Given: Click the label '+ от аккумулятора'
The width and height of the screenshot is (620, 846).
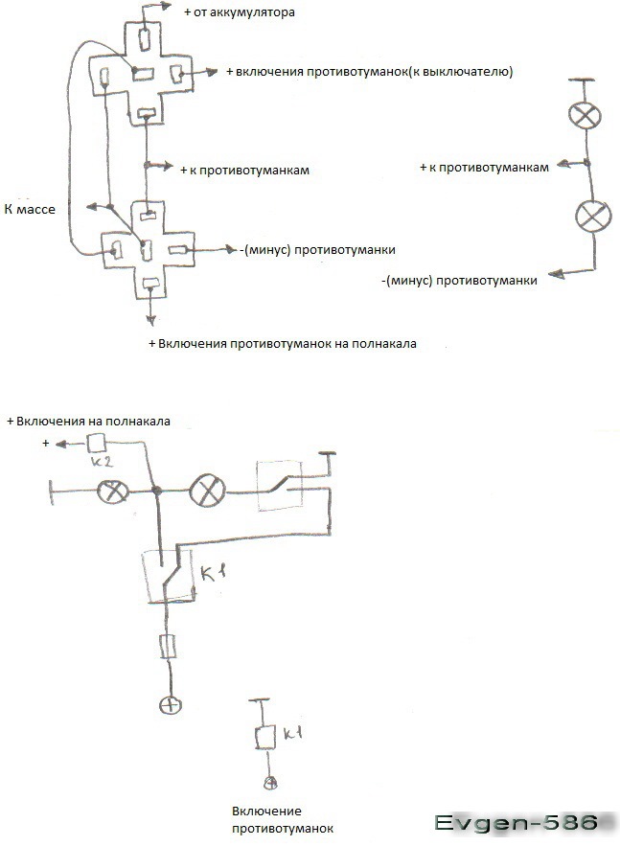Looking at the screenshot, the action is tap(240, 11).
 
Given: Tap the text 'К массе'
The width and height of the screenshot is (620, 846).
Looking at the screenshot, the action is tap(30, 209).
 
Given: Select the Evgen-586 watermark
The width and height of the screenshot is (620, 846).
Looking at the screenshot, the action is tap(517, 822).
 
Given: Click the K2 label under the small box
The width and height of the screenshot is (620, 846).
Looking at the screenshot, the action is tap(102, 461).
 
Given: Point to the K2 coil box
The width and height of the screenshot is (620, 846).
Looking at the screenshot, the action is tap(96, 443).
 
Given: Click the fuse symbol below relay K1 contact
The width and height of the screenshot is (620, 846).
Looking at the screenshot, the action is tap(169, 647).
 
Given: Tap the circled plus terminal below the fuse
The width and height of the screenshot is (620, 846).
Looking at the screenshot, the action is tap(171, 704).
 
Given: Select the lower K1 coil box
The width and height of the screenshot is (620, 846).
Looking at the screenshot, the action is tap(265, 737).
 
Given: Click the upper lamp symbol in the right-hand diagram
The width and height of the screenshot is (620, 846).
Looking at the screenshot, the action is tap(585, 115).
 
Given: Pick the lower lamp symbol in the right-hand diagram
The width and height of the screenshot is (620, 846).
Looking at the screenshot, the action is tap(593, 216).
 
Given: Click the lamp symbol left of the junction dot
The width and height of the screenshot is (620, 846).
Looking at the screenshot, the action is tap(113, 492).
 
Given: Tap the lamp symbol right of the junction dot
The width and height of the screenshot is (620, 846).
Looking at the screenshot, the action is tap(208, 491).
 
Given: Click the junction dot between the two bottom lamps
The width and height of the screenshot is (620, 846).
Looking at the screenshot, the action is tap(157, 491).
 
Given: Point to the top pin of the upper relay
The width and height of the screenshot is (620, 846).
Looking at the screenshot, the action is tap(145, 39).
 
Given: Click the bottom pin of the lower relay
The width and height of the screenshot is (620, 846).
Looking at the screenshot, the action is tap(150, 283).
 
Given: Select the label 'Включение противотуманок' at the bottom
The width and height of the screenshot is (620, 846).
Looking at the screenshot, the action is tap(283, 819).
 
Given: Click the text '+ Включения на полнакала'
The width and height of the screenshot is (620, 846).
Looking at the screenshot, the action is tap(88, 421).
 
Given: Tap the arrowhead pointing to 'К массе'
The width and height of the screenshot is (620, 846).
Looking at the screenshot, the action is tap(93, 207).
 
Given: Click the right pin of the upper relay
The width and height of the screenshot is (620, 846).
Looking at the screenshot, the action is tap(177, 74).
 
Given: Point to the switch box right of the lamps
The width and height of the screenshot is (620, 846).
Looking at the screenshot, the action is tap(280, 486).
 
